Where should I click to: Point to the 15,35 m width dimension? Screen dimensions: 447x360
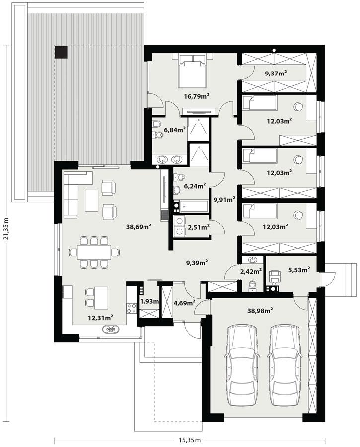(x=191, y=440)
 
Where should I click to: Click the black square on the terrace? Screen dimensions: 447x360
(x=61, y=52)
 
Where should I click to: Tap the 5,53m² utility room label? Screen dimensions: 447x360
(x=299, y=269)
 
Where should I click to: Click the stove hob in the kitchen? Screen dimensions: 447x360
(x=132, y=308)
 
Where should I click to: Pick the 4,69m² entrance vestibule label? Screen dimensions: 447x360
(x=184, y=302)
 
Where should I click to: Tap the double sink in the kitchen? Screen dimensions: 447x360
(x=110, y=329)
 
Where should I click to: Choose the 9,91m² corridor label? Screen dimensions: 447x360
(x=223, y=200)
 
